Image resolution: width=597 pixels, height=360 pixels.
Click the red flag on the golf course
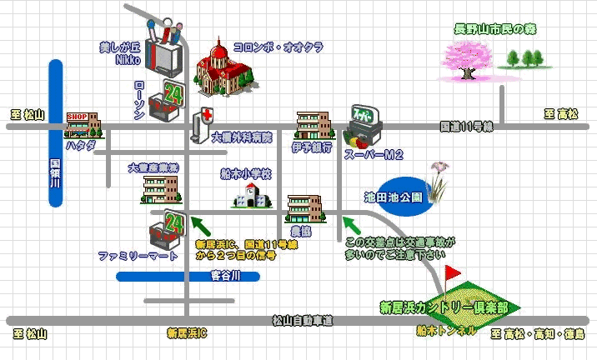pos(454,272)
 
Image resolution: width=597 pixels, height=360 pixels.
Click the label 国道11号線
pos(467,127)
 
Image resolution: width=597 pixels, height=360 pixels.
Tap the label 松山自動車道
pos(302,320)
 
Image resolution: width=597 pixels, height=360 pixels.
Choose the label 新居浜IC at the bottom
pos(186,334)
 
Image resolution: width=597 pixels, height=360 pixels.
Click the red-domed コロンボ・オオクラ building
pos(219,72)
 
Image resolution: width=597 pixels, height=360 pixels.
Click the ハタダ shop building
pos(83,124)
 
